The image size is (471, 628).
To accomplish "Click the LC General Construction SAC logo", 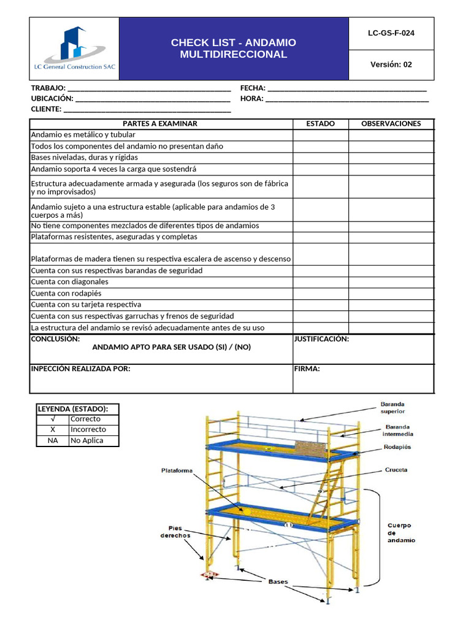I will point(74,49).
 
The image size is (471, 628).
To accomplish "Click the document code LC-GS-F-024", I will point(391,33).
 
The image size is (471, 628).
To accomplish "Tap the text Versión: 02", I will point(391,64).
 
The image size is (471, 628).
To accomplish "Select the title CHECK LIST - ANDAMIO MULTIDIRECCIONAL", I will point(233,48).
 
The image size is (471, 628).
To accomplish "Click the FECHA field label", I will point(252,88).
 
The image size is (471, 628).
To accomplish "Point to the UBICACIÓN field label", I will point(52,98).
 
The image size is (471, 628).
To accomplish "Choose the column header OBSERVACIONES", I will point(391,123).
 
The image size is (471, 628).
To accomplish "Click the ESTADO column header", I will point(320,123).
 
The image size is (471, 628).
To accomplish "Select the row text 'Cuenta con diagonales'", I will point(69,281).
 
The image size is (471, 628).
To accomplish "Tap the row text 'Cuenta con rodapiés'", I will point(66,293).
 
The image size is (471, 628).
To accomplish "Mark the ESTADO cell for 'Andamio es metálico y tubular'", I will point(320,134).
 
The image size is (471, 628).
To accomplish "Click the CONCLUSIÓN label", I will point(55,339).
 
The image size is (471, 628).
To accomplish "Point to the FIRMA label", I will point(307,369).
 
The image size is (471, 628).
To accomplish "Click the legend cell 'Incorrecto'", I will point(88,429).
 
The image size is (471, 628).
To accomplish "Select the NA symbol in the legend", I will point(53,440).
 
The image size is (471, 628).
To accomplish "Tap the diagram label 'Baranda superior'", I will point(392,408).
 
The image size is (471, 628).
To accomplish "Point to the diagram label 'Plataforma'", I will point(177,470).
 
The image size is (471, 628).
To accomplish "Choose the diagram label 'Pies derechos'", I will point(175,531).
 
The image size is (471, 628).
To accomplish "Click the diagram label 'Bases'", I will point(278,581).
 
